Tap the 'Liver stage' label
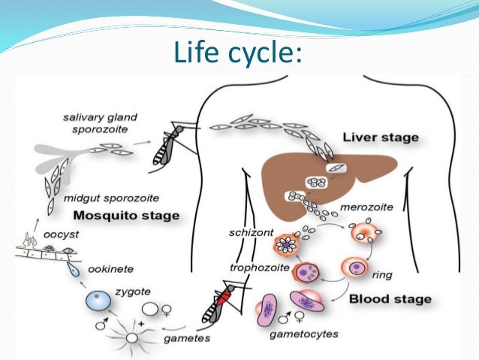380,138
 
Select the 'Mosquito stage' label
131,216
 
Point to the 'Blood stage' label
390,298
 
